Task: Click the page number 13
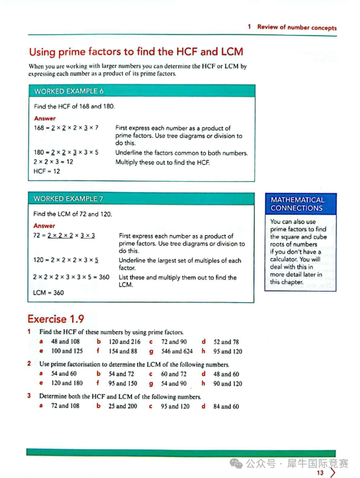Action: pos(320,473)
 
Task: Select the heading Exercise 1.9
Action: pos(56,319)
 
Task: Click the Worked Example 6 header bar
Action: pos(141,91)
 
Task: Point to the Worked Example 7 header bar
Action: pos(140,199)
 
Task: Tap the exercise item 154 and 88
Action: pos(123,351)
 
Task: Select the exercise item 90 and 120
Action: pos(228,383)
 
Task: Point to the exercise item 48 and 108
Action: pos(65,341)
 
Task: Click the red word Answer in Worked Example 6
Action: pos(45,118)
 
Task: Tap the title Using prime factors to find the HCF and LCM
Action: pos(136,52)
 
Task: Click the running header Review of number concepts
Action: pos(296,27)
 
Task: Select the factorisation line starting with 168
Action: pos(66,128)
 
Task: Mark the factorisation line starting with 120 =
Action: pos(66,260)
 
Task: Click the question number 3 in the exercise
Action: pos(29,396)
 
